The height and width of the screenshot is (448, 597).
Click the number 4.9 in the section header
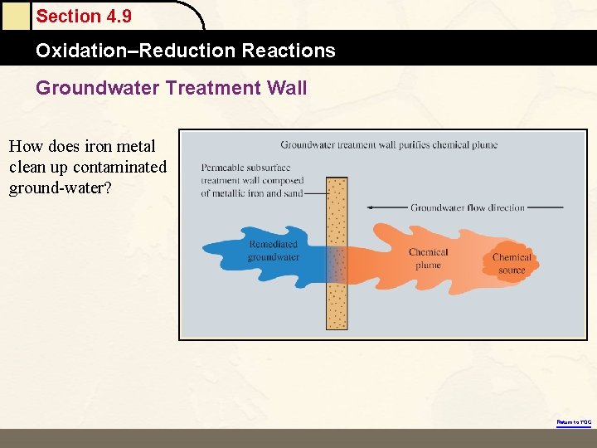pyautogui.click(x=115, y=17)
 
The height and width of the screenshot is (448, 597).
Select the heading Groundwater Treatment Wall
pyautogui.click(x=171, y=87)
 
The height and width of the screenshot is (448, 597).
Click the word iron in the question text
pyautogui.click(x=99, y=147)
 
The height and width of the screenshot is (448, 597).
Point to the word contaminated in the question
pyautogui.click(x=119, y=167)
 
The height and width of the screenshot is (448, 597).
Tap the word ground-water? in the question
pyautogui.click(x=61, y=187)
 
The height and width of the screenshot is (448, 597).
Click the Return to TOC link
pyautogui.click(x=574, y=422)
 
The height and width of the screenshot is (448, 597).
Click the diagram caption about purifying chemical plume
pyautogui.click(x=389, y=144)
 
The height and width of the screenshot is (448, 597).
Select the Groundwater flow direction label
pyautogui.click(x=467, y=207)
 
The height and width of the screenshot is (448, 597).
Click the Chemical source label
pyautogui.click(x=512, y=264)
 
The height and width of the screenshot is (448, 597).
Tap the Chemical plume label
pyautogui.click(x=428, y=259)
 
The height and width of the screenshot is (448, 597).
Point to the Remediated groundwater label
pyautogui.click(x=273, y=251)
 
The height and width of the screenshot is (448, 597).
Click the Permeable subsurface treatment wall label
pyautogui.click(x=252, y=180)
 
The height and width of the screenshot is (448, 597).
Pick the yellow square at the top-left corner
pyautogui.click(x=14, y=14)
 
